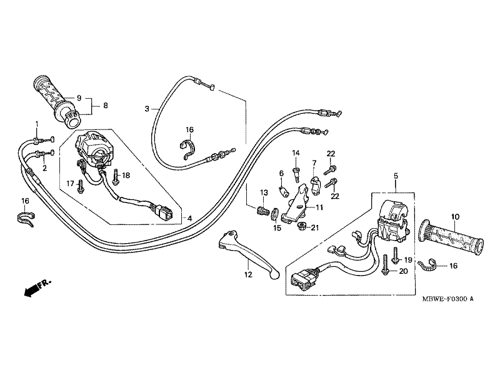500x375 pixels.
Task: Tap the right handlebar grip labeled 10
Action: coord(452,237)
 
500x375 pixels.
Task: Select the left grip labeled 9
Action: coord(57,101)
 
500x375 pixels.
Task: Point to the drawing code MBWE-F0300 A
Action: coord(447,299)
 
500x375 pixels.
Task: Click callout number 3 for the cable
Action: coord(147,109)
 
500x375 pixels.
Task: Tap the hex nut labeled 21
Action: coord(301,226)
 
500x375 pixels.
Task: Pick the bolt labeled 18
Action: coord(116,177)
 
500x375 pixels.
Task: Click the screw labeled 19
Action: coord(396,255)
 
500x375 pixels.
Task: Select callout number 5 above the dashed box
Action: coord(396,176)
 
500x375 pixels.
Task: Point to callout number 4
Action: coord(190,218)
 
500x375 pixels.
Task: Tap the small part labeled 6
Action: coord(282,191)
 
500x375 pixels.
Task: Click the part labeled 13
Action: coord(261,211)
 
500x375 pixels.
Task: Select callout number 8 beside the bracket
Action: coord(106,105)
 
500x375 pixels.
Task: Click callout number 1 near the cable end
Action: coord(37,123)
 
